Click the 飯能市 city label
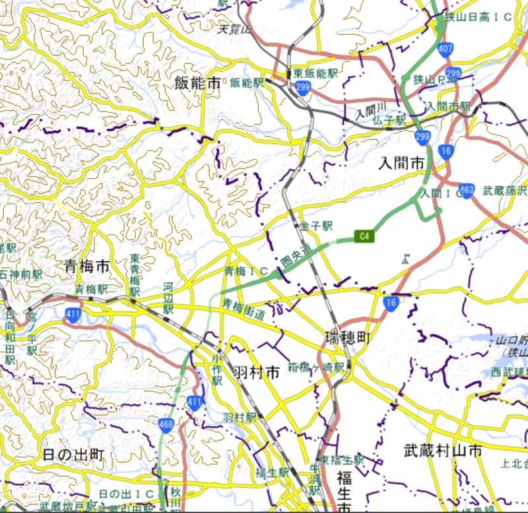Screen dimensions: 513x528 coord(198,83)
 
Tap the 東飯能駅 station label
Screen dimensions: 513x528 coord(315,73)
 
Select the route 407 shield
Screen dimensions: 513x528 coord(445,48)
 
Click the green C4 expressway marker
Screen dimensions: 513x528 coord(363,235)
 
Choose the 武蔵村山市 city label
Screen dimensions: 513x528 coord(442,451)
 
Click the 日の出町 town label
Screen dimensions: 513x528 coord(73,455)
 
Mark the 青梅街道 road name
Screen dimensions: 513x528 coord(244,309)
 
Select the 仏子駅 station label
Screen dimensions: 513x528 coord(388,120)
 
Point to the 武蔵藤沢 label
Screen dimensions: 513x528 coord(505,190)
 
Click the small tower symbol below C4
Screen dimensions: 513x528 coord(404,258)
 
